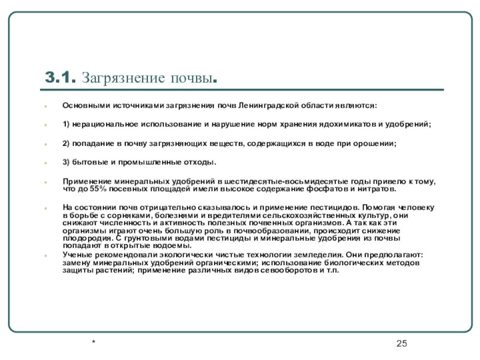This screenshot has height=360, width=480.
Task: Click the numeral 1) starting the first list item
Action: pyautogui.click(x=67, y=124)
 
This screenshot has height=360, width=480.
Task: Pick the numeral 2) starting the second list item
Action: pyautogui.click(x=67, y=143)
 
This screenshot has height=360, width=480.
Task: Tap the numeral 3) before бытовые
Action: pyautogui.click(x=67, y=163)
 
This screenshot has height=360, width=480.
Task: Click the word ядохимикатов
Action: pyautogui.click(x=346, y=124)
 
